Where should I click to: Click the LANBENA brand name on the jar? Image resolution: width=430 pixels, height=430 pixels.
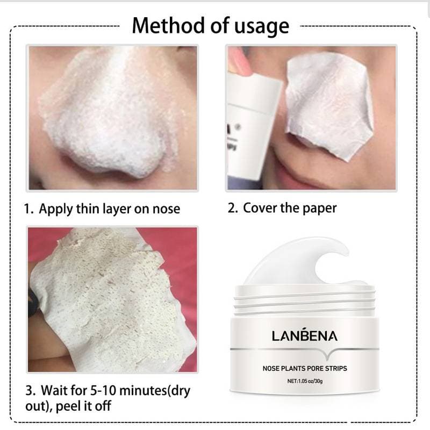[305, 336]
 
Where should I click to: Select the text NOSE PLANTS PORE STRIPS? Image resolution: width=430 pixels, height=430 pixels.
[304, 368]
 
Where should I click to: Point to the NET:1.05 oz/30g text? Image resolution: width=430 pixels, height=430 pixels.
[304, 381]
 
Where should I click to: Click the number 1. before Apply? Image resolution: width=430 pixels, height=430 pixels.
[29, 209]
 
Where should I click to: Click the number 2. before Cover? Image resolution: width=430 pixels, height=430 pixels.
[232, 209]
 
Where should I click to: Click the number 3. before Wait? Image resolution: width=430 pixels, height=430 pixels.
[29, 389]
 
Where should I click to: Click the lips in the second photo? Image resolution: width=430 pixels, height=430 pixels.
[301, 164]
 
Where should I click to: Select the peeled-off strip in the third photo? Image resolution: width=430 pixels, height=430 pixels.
[107, 301]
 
